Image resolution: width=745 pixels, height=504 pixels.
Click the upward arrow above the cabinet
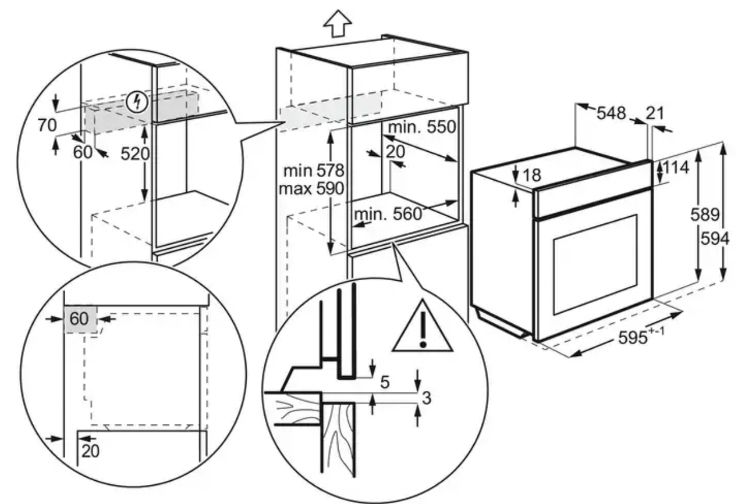[x=338, y=23]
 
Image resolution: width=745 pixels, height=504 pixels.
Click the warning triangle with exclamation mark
[x=423, y=326]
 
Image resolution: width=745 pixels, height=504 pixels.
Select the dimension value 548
[x=611, y=113]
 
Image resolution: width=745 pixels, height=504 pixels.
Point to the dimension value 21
[x=655, y=113]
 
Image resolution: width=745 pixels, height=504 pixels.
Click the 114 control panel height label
[x=676, y=168]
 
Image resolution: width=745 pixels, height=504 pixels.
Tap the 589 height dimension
[x=705, y=215]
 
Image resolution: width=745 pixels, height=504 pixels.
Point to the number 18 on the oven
[x=532, y=175]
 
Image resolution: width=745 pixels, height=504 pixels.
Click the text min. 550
[x=422, y=127]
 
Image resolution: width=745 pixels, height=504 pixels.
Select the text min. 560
[x=388, y=215]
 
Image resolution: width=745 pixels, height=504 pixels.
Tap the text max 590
[x=311, y=189]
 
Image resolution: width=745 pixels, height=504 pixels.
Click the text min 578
[x=314, y=171]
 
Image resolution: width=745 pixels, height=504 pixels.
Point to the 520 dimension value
[x=135, y=154]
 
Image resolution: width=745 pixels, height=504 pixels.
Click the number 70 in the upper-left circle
[x=47, y=126]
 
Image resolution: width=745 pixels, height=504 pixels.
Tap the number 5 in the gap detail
[x=385, y=383]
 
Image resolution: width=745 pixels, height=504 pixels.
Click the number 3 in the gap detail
[x=427, y=398]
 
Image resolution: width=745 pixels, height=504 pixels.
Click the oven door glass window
[x=595, y=265]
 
